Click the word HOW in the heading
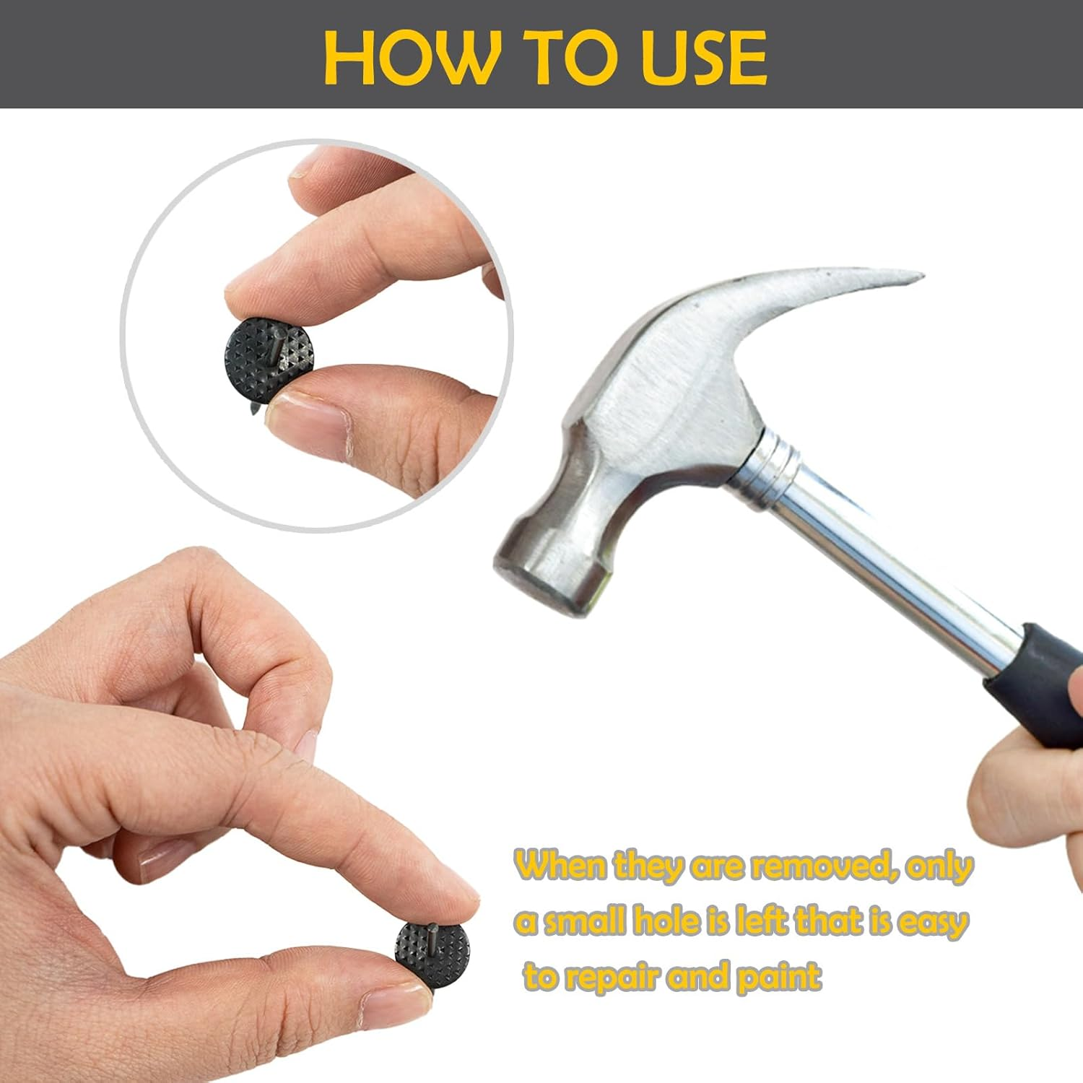[411, 58]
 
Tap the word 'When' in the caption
[562, 865]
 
